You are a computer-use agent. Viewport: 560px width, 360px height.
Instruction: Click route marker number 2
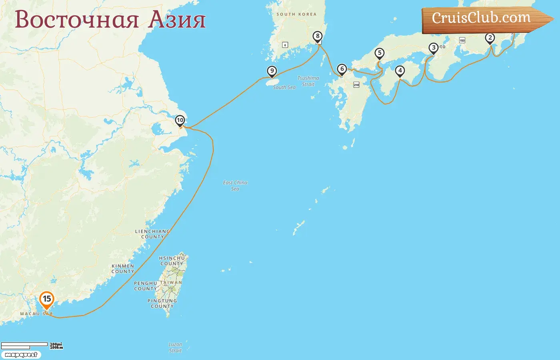tap(490, 38)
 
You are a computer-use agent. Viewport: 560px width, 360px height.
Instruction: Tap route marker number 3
tap(434, 48)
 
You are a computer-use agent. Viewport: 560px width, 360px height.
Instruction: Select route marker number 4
tap(400, 71)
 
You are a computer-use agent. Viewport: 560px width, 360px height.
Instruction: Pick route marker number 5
tap(380, 53)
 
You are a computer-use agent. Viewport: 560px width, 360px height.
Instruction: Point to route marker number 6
tap(342, 69)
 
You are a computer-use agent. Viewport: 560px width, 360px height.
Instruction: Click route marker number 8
tap(318, 36)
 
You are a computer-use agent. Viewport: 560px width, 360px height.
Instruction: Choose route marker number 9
tap(272, 71)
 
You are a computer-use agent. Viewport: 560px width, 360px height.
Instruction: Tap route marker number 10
tap(180, 120)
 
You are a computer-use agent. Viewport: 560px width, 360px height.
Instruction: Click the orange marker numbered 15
tap(47, 299)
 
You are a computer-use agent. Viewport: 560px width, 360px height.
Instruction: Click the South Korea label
tap(296, 14)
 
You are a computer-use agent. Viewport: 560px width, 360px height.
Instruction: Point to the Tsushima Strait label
tap(308, 81)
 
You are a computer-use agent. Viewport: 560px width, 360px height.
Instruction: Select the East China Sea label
tap(235, 186)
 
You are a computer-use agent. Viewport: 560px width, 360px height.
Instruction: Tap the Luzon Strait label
tap(175, 347)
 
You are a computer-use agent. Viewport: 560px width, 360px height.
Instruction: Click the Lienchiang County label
tap(152, 234)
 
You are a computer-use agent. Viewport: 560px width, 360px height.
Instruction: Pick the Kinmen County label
tap(123, 268)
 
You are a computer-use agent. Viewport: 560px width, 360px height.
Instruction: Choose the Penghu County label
tap(146, 286)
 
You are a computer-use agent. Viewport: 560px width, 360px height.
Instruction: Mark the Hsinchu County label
tap(172, 261)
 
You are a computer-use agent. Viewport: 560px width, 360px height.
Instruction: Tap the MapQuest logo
tap(21, 355)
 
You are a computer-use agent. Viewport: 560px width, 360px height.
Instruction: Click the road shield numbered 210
tap(356, 85)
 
